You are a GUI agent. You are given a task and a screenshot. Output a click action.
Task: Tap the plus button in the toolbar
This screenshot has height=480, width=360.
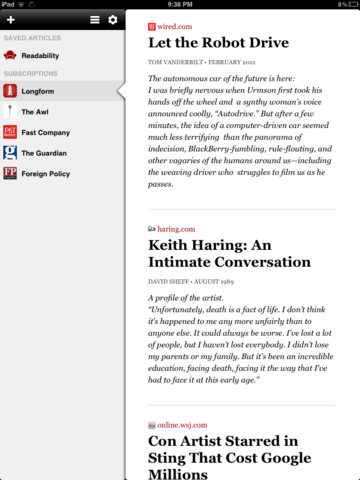[x=10, y=19]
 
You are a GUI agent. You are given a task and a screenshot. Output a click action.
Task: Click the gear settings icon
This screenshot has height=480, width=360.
[x=112, y=19]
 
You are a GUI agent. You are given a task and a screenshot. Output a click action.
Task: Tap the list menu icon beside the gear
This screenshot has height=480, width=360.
[x=94, y=19]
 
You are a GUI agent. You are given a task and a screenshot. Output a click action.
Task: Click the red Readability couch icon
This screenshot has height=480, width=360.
[x=10, y=55]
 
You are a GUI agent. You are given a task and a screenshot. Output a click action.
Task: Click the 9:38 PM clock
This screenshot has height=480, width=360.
[x=180, y=4]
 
